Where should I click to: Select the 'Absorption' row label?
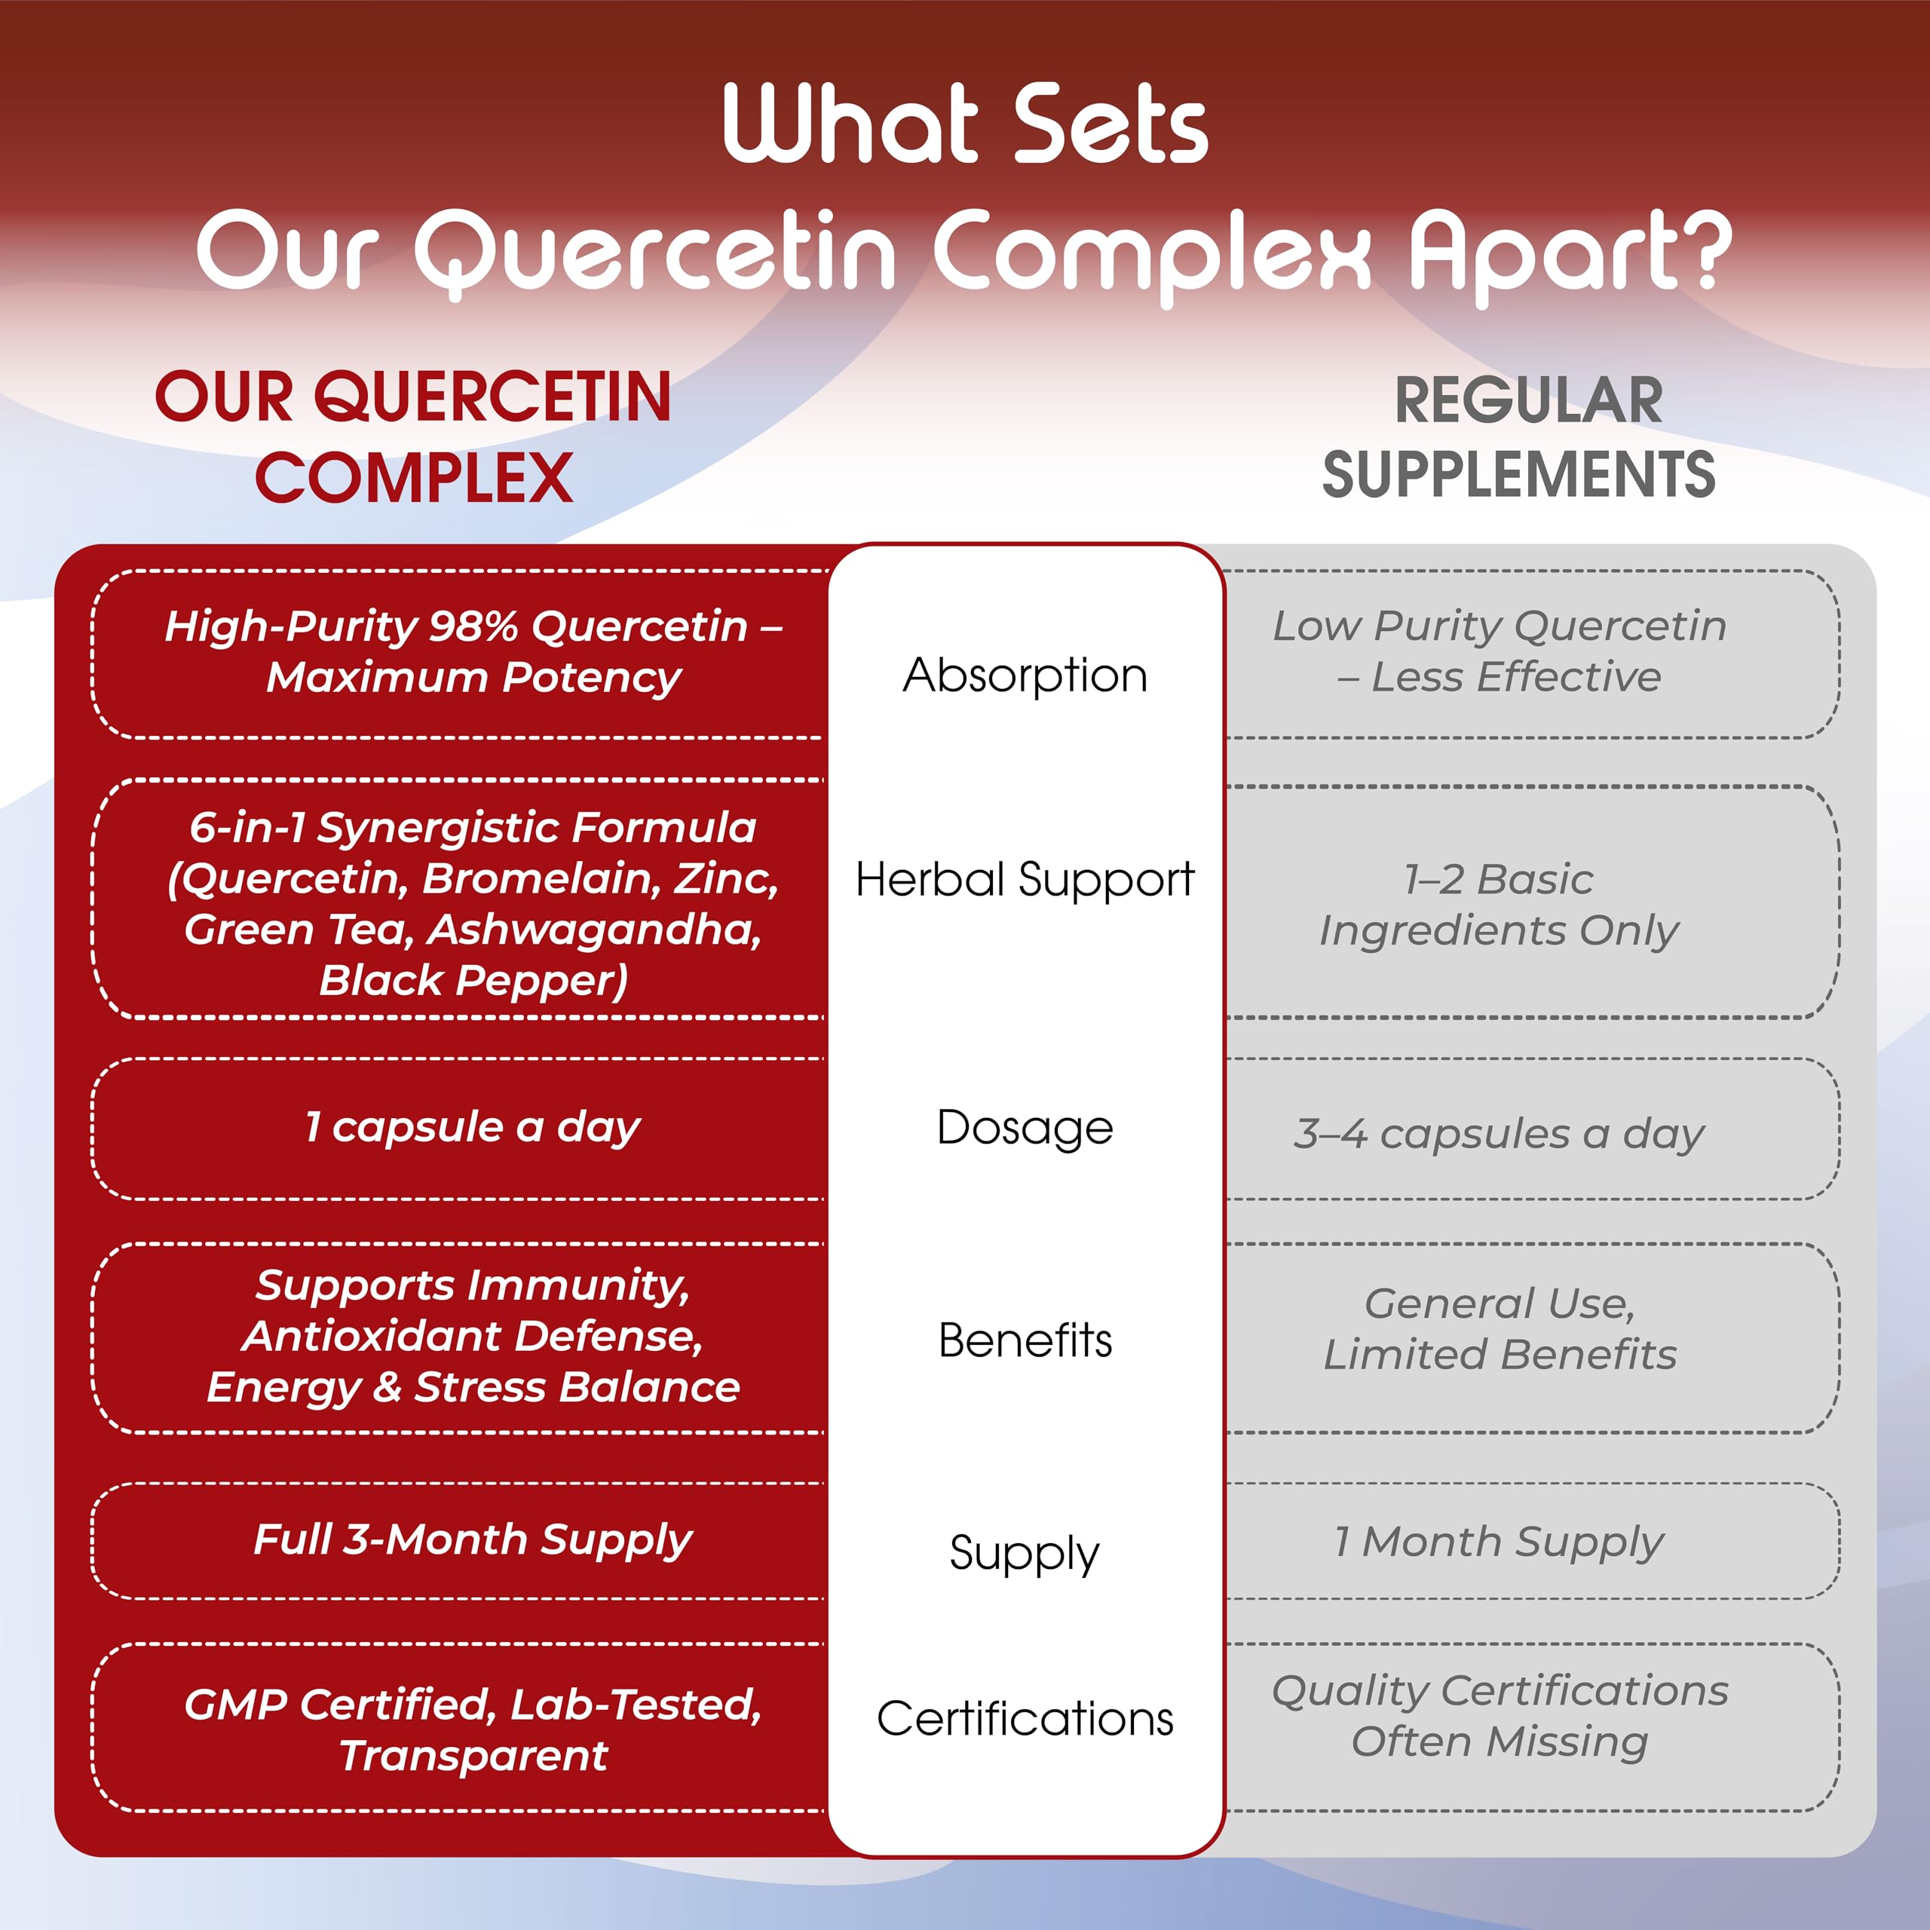pyautogui.click(x=1025, y=675)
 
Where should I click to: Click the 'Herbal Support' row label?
pyautogui.click(x=1025, y=880)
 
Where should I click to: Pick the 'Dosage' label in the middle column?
pyautogui.click(x=1025, y=1128)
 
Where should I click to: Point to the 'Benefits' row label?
pyautogui.click(x=1025, y=1340)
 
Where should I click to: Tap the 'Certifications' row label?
pyautogui.click(x=1025, y=1719)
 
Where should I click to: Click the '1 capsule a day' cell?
pyautogui.click(x=473, y=1127)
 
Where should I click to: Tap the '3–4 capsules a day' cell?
pyautogui.click(x=1499, y=1134)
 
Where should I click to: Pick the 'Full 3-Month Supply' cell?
pyautogui.click(x=473, y=1539)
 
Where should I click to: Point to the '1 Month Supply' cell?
pyautogui.click(x=1499, y=1542)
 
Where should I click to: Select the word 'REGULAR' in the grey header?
pyautogui.click(x=1528, y=400)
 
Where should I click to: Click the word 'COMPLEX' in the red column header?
pyautogui.click(x=414, y=477)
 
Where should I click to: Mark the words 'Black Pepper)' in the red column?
pyautogui.click(x=473, y=981)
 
